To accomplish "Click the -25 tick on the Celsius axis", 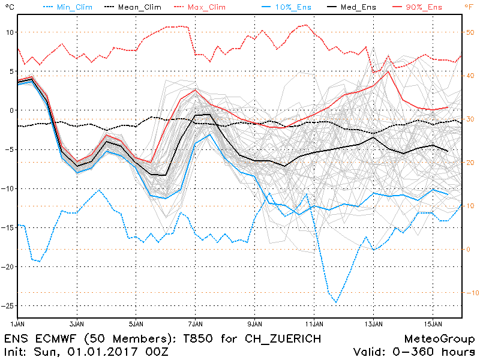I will (8, 305).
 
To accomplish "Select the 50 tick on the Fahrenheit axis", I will (470, 32).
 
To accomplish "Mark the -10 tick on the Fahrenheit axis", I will (470, 293).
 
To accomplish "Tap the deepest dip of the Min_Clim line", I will (336, 302).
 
